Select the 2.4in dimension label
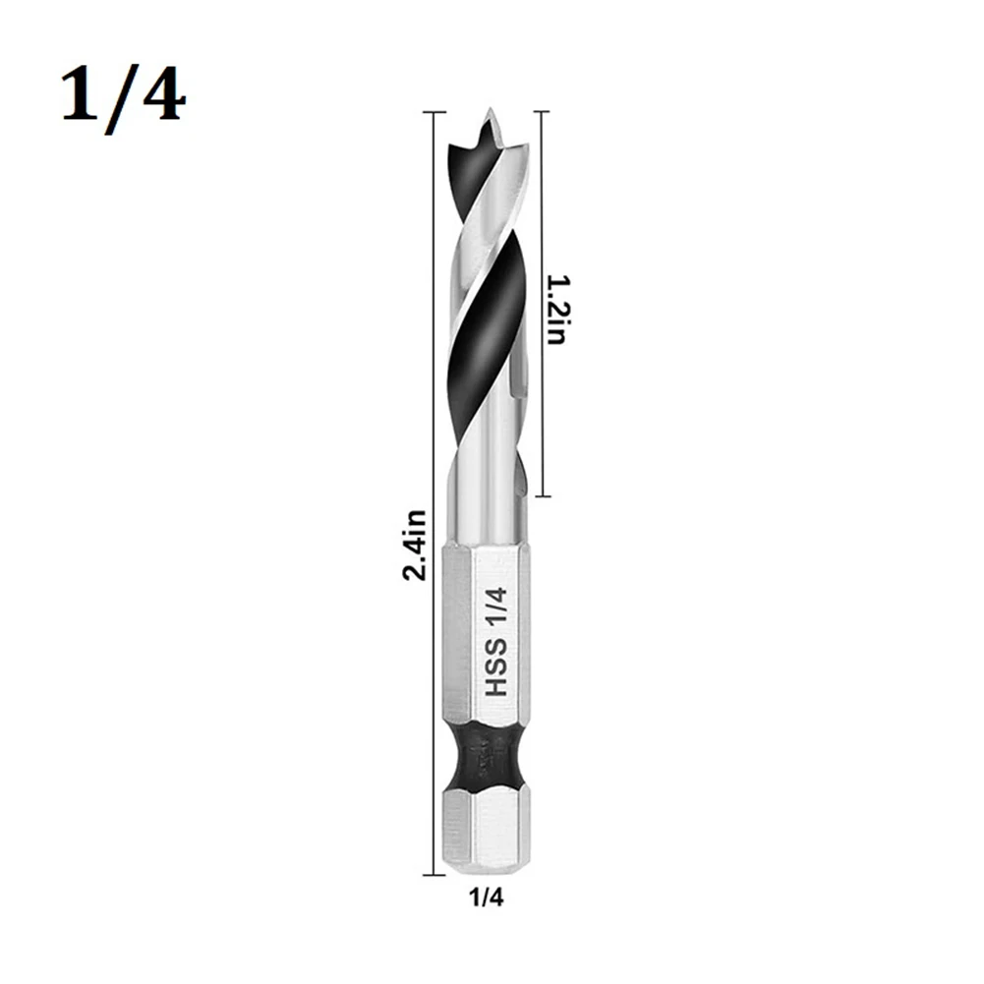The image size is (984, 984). tap(415, 544)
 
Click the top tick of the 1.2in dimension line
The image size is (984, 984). tap(540, 113)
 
